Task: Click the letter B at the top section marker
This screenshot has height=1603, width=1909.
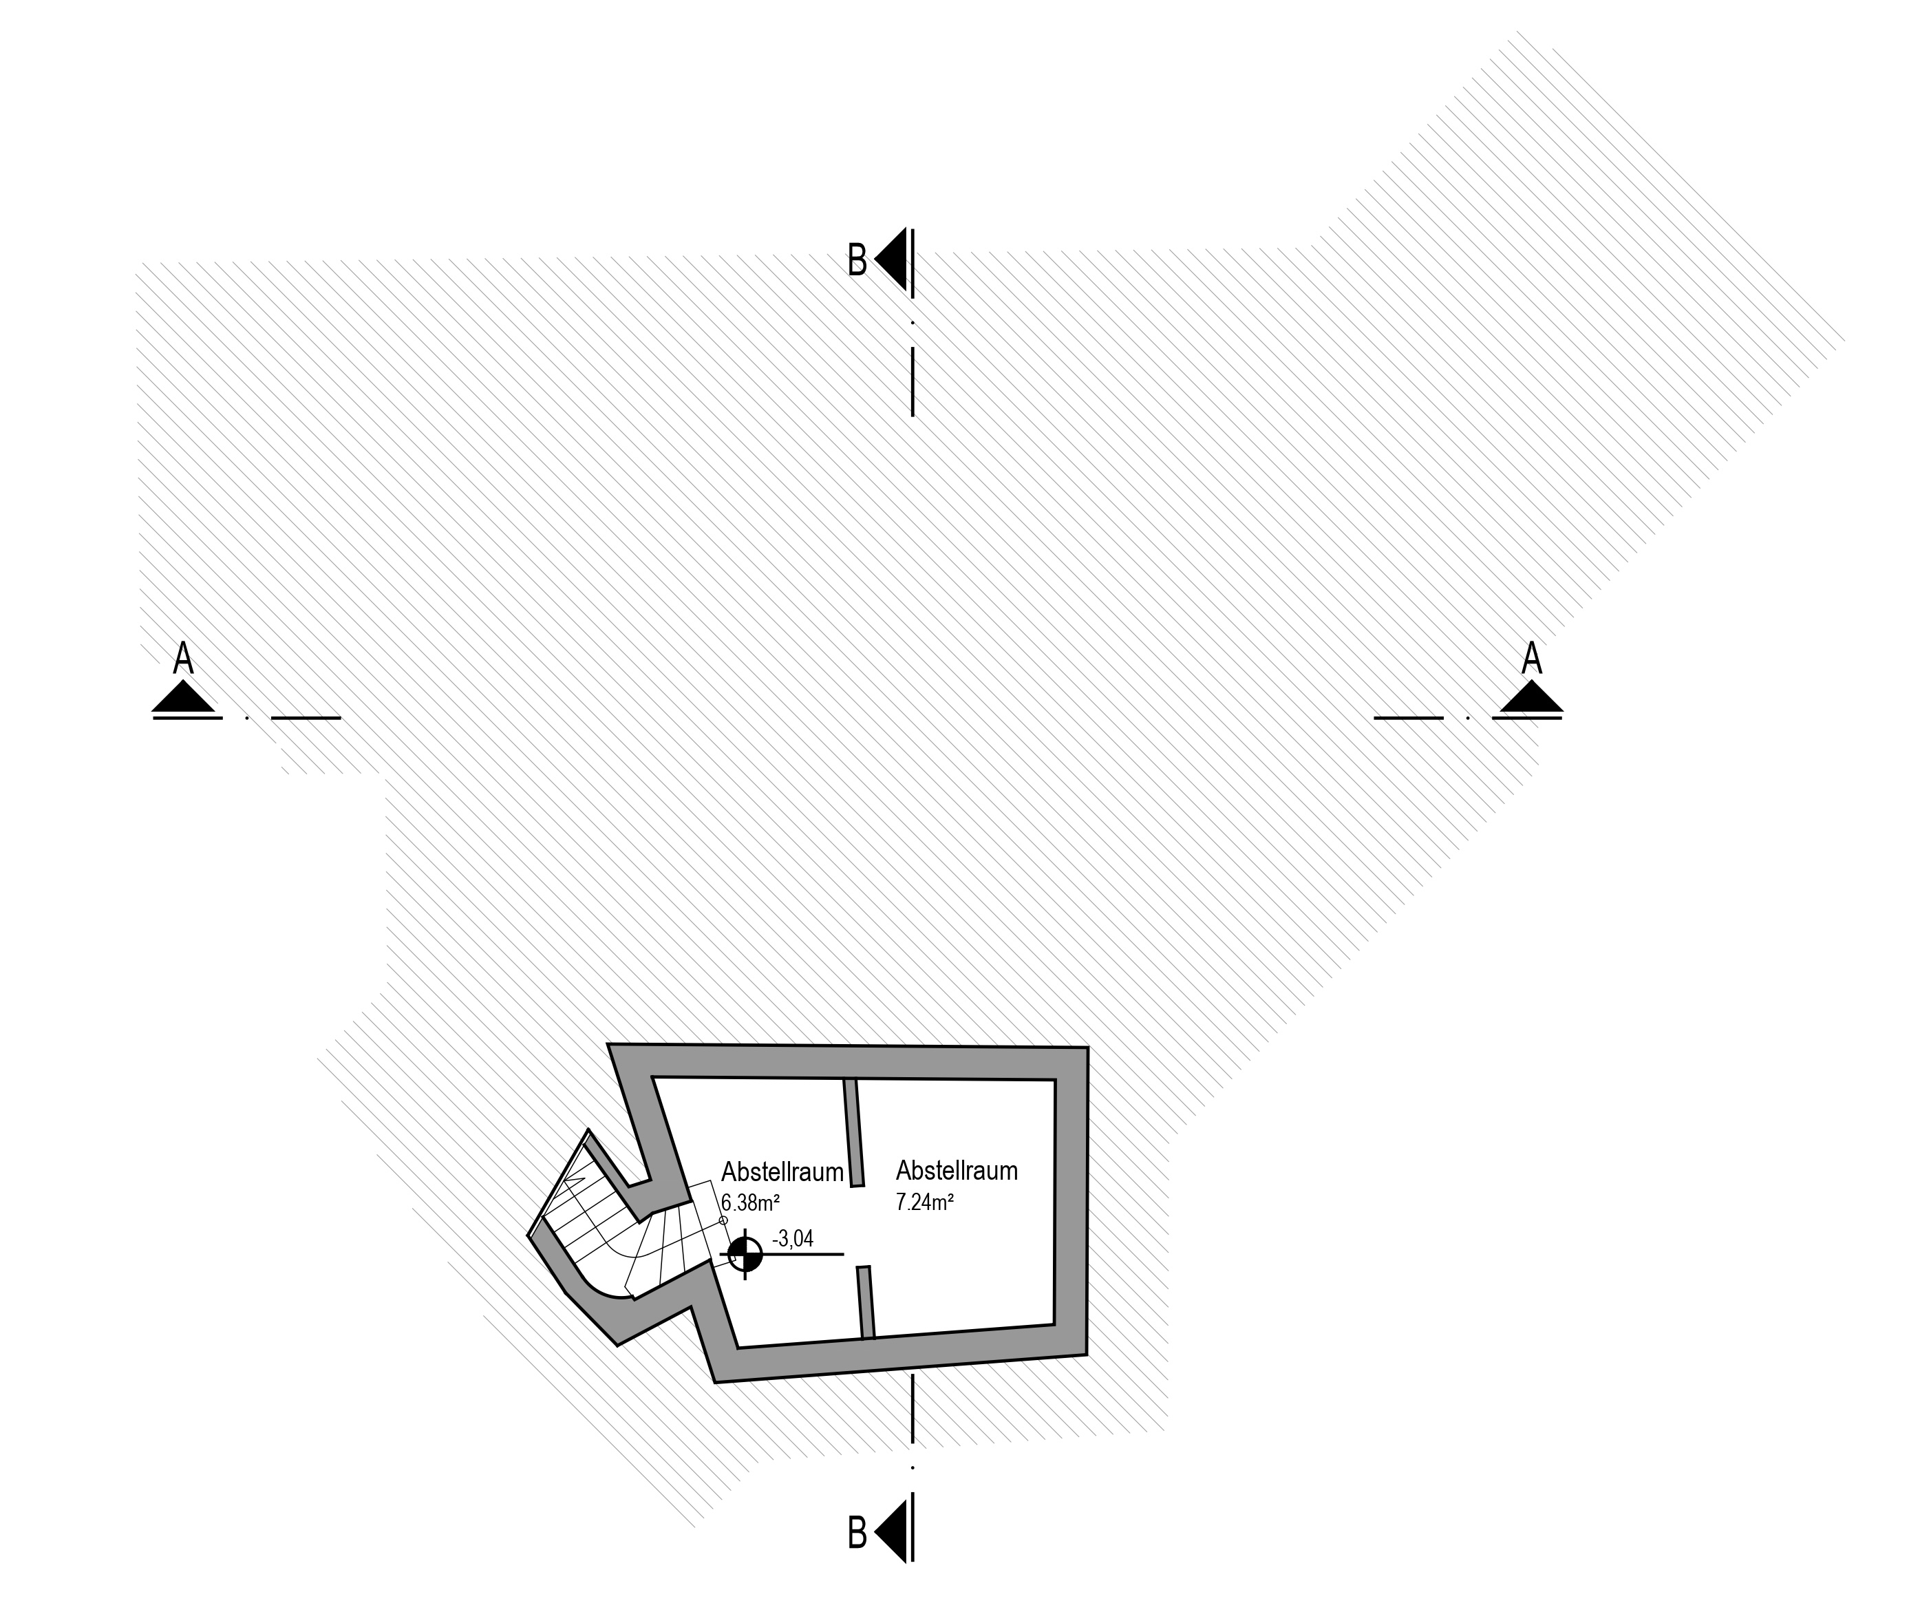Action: click(x=856, y=261)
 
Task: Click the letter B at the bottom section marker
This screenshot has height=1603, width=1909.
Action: click(x=856, y=1532)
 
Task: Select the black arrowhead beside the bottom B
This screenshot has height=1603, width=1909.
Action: click(x=893, y=1532)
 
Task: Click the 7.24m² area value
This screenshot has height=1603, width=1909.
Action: click(x=924, y=1202)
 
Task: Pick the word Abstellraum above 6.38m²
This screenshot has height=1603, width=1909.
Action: click(x=782, y=1172)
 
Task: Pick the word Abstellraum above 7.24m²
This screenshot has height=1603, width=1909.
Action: click(x=957, y=1170)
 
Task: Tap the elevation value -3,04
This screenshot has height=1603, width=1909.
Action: click(x=793, y=1238)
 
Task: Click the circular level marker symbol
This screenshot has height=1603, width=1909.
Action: click(x=745, y=1255)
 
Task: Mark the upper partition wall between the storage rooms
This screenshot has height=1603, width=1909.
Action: click(x=853, y=1134)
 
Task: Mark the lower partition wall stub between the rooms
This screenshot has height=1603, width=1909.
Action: click(x=866, y=1302)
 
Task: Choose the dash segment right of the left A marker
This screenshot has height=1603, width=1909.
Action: click(x=306, y=717)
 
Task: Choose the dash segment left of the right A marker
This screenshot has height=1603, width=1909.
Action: click(x=1408, y=717)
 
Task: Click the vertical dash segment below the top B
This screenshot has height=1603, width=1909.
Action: click(x=913, y=382)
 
